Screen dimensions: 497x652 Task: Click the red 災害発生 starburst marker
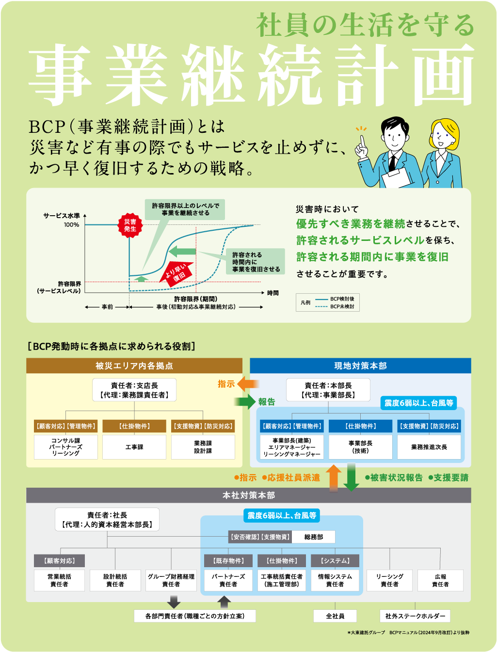coord(130,225)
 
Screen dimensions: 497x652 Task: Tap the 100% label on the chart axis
coord(72,225)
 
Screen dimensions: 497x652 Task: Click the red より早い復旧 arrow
coord(176,273)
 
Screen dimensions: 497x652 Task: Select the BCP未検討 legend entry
coord(334,306)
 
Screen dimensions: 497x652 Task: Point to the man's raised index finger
coord(362,141)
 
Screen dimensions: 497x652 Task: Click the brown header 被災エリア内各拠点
coord(134,366)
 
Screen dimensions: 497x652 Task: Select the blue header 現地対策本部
coord(360,366)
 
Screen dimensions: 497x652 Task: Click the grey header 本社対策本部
coord(249,495)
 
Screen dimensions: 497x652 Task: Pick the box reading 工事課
coord(134,447)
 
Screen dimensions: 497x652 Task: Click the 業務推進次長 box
coord(429,447)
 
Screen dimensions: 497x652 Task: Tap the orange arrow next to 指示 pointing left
coord(248,384)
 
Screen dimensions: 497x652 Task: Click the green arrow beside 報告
coord(244,401)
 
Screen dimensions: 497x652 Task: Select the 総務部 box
coord(313,537)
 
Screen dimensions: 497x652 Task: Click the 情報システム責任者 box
coord(335,580)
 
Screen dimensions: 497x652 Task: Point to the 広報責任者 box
coord(440,580)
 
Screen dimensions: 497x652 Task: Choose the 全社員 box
coord(335,616)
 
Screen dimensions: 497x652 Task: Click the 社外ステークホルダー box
coord(415,616)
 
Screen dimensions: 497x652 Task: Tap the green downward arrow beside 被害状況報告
coord(351,477)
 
